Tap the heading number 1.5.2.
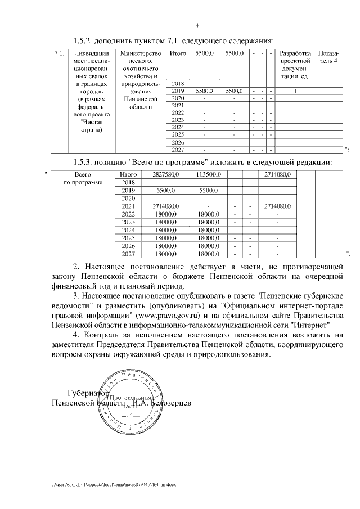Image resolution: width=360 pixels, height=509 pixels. pos(86,40)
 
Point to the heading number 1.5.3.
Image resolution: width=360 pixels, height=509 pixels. pos(86,162)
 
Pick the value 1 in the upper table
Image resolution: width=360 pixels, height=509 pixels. pos(295,91)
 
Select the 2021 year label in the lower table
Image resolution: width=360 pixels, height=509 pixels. pos(129,206)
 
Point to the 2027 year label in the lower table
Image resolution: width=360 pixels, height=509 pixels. pos(129,254)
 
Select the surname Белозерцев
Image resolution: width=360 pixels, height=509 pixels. pos(168,403)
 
